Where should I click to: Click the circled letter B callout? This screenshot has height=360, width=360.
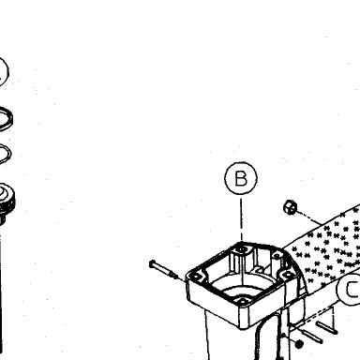241,178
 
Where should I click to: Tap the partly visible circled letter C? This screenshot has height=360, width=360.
349,289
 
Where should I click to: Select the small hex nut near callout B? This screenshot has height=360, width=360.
290,207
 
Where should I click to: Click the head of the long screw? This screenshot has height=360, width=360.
153,264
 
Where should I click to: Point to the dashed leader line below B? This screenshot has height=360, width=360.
241,218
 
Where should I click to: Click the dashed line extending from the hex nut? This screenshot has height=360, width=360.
309,218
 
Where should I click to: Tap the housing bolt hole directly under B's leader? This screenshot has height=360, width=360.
242,249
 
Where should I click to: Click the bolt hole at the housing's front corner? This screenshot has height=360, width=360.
242,302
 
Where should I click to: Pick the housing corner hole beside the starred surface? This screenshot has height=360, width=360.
288,275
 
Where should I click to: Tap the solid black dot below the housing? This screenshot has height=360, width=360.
299,344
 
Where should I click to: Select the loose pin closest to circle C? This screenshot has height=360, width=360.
326,328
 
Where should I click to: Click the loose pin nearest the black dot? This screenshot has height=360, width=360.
311,336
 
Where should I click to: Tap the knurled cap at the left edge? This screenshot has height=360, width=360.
7,200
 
